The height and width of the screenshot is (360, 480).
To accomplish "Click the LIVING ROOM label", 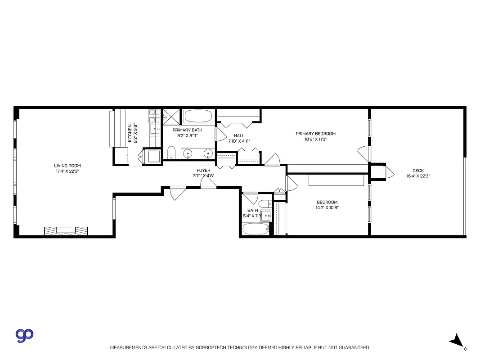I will (67, 166).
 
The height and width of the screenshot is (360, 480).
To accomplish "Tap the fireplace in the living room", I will (66, 230).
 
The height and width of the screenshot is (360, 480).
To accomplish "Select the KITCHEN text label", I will (130, 133).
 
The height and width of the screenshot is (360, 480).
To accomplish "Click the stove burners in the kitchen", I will (154, 117).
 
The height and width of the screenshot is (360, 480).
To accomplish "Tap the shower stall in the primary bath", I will (171, 116).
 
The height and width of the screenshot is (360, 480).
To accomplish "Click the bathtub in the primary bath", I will (198, 117).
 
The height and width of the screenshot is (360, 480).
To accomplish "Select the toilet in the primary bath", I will (171, 152).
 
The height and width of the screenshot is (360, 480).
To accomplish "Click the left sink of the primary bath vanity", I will (188, 154).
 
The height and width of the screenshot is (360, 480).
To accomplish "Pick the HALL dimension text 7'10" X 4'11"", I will (239, 141).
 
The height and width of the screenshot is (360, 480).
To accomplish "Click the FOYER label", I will (203, 170).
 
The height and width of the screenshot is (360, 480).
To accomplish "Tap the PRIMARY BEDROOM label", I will (315, 133).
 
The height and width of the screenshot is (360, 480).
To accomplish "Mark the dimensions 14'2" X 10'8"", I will (327, 208).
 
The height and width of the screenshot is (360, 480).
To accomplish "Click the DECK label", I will (418, 171).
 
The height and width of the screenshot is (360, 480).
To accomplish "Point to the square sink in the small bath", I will (266, 216).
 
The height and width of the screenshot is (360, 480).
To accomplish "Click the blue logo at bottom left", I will (25, 335).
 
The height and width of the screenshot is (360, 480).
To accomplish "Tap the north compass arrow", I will (457, 341).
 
